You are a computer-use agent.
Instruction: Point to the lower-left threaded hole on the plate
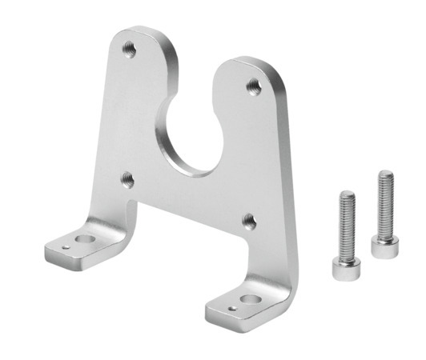pyautogui.click(x=127, y=178)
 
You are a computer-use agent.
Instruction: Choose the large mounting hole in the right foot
pyautogui.click(x=247, y=296)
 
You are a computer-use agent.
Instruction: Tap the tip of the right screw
pyautogui.click(x=386, y=174)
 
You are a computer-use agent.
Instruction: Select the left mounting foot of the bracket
pyautogui.click(x=76, y=248)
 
